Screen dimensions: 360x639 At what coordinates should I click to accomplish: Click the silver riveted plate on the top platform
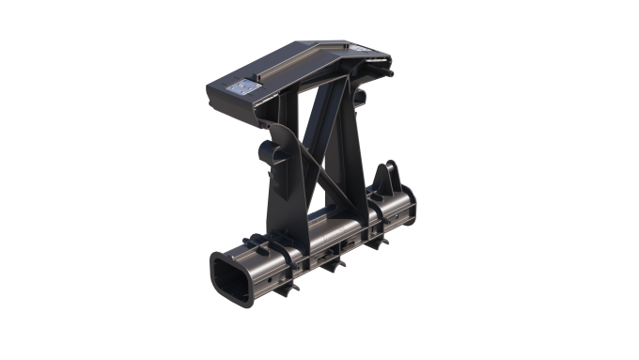242,86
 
